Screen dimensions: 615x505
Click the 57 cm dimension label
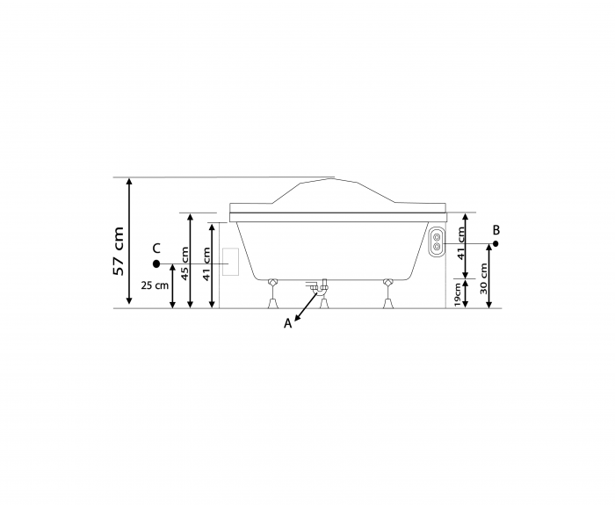pos(119,251)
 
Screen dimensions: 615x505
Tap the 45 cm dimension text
pos(184,263)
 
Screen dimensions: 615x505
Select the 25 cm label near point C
pos(155,285)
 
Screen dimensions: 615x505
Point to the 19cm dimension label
pos(458,294)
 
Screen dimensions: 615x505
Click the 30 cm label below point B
pos(483,278)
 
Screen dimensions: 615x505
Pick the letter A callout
pos(288,324)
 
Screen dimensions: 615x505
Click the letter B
pos(496,230)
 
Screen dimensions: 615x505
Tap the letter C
pos(156,249)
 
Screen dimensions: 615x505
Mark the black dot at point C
pos(156,263)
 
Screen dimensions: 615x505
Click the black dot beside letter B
pos(496,243)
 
